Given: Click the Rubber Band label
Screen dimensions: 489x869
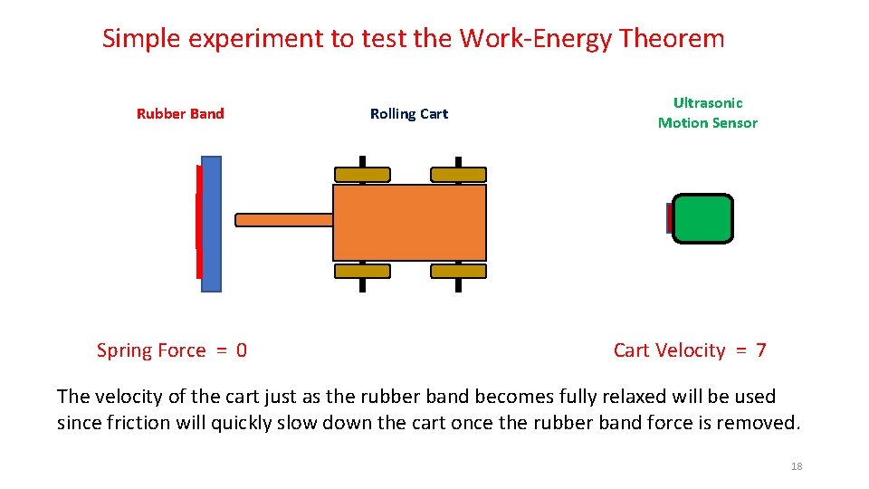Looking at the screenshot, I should coord(180,114).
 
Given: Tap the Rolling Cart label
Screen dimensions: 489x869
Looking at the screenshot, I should coord(408,114).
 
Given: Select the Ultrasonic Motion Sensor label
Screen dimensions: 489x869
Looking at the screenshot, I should coord(707,113).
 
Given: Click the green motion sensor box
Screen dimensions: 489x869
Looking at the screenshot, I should coord(702,219).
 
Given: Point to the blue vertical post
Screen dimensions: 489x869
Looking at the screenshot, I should coord(211,224).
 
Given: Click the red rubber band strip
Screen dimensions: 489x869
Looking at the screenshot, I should coord(198,222).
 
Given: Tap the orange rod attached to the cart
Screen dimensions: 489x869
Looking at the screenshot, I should coord(283,219).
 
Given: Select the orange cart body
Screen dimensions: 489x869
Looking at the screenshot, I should coord(409,223).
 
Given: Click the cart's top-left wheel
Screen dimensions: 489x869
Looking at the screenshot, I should coord(362,175).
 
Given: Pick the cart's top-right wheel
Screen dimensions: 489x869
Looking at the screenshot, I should coord(458,175).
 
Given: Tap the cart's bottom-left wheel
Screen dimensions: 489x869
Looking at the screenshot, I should coord(362,271).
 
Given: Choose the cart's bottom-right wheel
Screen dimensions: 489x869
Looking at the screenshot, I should coord(458,271).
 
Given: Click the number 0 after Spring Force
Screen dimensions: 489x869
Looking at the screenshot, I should coord(241,350).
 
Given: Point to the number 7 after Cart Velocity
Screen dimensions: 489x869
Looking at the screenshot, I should coord(760,350).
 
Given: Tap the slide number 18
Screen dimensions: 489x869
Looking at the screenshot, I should coord(797,466).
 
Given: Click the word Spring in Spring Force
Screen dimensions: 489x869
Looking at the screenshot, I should coord(125,351).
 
